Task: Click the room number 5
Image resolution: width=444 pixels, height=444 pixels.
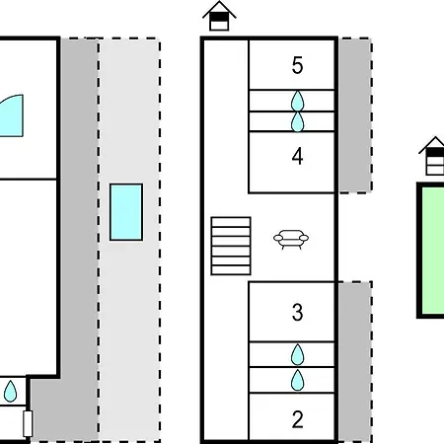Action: tap(297, 65)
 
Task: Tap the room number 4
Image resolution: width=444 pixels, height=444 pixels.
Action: tap(297, 156)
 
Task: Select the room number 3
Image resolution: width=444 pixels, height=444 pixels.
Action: tap(297, 312)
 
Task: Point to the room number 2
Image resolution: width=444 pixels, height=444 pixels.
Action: tap(297, 419)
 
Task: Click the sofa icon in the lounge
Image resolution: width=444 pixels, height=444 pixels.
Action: tap(291, 239)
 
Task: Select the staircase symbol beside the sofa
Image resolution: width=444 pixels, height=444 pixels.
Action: tap(231, 246)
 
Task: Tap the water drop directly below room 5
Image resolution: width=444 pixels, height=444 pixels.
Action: tap(298, 101)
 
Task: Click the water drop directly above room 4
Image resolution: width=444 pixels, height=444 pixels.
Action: tap(298, 121)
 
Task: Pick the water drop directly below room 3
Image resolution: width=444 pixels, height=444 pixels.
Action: tap(298, 354)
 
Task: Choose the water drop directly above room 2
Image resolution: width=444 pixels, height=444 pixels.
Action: tap(298, 380)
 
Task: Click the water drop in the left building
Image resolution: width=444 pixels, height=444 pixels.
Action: tap(10, 392)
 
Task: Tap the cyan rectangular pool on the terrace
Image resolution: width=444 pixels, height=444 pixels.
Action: tap(126, 212)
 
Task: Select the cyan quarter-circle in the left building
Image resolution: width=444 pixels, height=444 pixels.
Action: tap(13, 116)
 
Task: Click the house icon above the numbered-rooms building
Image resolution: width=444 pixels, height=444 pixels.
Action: tap(219, 16)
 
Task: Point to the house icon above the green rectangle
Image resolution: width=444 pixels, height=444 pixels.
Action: tap(432, 156)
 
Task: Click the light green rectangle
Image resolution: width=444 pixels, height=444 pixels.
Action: tap(433, 251)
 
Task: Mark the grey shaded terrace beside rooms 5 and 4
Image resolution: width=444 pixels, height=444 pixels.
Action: tap(355, 115)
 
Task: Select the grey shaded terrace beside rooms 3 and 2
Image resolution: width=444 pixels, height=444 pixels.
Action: tap(355, 362)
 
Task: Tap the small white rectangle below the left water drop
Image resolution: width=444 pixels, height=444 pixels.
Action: tap(28, 423)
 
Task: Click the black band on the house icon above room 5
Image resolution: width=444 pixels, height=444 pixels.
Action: tap(219, 17)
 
